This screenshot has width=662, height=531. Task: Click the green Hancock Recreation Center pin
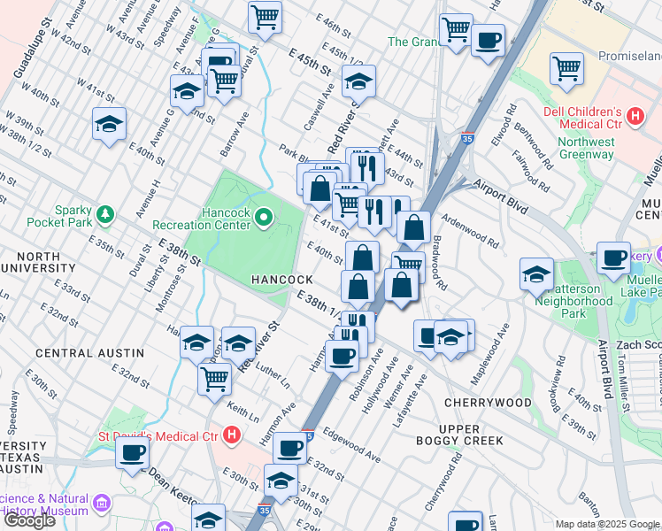[264, 217]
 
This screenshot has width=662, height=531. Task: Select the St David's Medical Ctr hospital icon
[232, 435]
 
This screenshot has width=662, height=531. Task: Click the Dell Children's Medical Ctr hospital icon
[634, 115]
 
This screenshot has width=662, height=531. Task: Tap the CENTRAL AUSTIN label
[76, 353]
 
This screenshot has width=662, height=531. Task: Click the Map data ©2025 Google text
[607, 524]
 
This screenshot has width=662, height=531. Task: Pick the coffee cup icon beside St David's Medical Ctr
[133, 452]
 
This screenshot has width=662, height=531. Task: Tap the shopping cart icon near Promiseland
[566, 67]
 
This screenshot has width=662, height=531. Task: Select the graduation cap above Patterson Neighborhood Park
[536, 273]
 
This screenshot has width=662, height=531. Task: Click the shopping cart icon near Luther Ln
[215, 379]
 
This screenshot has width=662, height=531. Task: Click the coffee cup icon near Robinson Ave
[343, 356]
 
